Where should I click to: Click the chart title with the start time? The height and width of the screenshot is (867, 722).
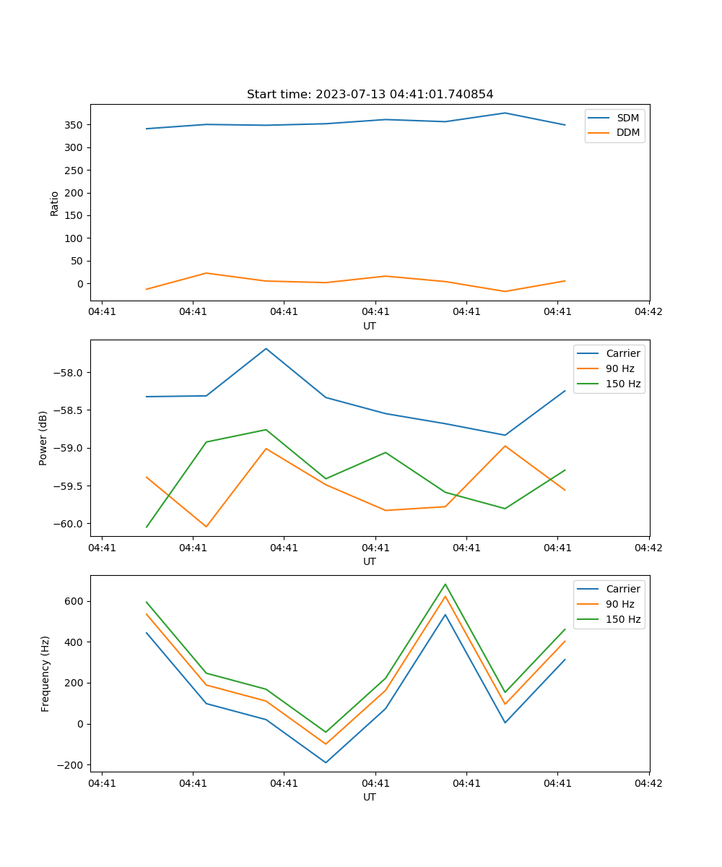point(370,95)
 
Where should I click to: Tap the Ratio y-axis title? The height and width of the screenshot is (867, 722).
point(55,203)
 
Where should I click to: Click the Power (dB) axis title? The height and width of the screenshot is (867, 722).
point(43,438)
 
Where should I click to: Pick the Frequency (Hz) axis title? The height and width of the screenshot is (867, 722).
point(45,673)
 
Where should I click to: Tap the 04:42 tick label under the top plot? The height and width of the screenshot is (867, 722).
point(648,312)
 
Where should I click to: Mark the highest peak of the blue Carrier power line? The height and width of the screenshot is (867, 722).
point(266,348)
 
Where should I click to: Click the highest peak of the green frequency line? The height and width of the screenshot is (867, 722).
point(445,584)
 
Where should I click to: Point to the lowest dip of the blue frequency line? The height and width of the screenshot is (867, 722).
point(326,762)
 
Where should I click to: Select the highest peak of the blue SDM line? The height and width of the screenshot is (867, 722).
point(505,113)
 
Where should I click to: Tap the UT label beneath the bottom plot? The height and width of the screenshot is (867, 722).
point(370,797)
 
